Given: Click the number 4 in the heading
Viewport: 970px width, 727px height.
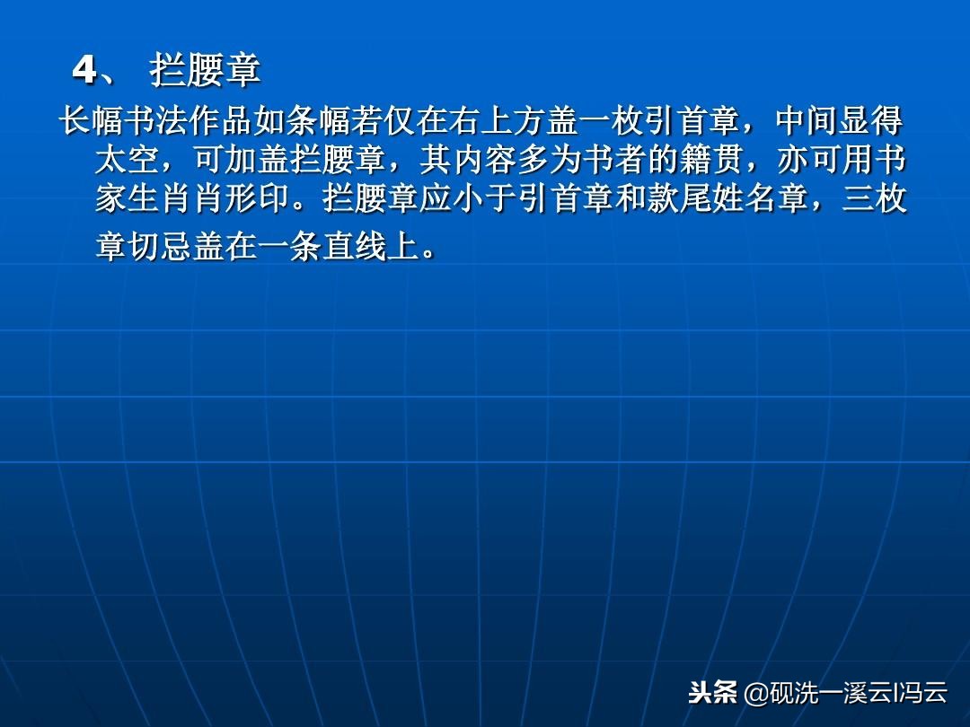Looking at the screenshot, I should click(84, 70).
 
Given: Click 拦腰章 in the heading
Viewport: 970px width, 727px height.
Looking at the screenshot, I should click(205, 70).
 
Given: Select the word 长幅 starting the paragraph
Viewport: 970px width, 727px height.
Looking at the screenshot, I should click(91, 121).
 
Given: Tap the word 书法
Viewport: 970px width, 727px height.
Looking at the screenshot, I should click(155, 121).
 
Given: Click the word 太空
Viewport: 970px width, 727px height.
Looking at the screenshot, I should click(128, 161).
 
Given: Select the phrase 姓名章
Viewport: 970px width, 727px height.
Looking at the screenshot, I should click(762, 200).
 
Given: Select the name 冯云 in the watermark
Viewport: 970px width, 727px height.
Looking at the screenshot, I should click(924, 692).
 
